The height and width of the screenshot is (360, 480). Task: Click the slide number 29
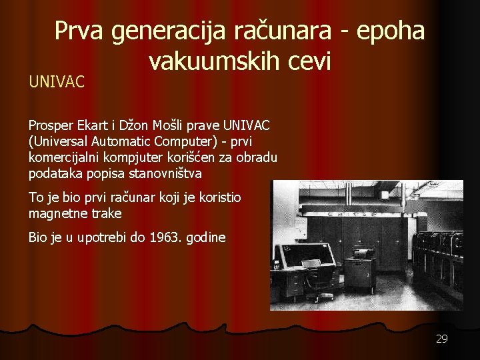(x=441, y=339)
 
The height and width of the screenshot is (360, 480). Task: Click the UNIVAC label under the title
(x=57, y=82)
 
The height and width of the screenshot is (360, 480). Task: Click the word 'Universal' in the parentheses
(x=61, y=141)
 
